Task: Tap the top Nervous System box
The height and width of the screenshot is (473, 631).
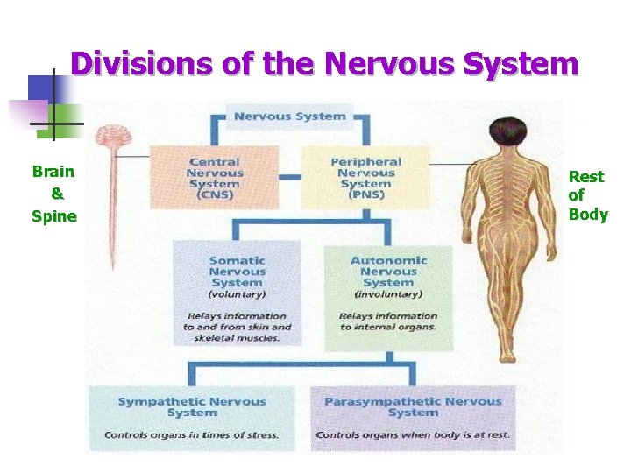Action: [x=290, y=116]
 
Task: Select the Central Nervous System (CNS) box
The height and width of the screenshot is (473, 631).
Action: [x=214, y=178]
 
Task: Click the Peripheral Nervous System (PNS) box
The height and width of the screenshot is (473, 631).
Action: [x=365, y=178]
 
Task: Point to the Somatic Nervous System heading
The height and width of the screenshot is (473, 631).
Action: [x=237, y=271]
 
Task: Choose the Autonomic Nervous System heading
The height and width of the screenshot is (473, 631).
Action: [x=388, y=271]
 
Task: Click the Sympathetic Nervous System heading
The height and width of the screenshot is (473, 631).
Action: [x=192, y=406]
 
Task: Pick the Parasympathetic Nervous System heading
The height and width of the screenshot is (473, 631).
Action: [x=413, y=406]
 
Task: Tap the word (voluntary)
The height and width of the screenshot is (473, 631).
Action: [x=237, y=295]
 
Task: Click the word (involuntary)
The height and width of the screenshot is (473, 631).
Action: [x=388, y=295]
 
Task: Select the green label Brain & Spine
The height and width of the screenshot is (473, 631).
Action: [x=53, y=194]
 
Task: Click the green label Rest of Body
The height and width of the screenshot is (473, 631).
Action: [x=587, y=195]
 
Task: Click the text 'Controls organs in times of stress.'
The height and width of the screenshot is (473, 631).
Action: [x=192, y=434]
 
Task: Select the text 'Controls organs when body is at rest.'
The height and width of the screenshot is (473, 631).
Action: [x=413, y=434]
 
